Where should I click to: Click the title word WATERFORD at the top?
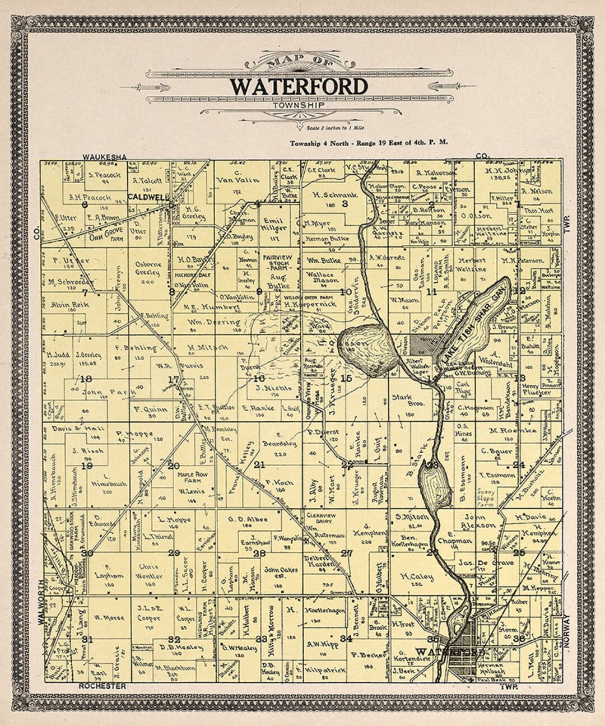(299, 86)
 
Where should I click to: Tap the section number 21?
(259, 464)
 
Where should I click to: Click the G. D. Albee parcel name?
(248, 519)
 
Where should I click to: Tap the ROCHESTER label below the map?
(102, 686)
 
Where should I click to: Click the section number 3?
(346, 203)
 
